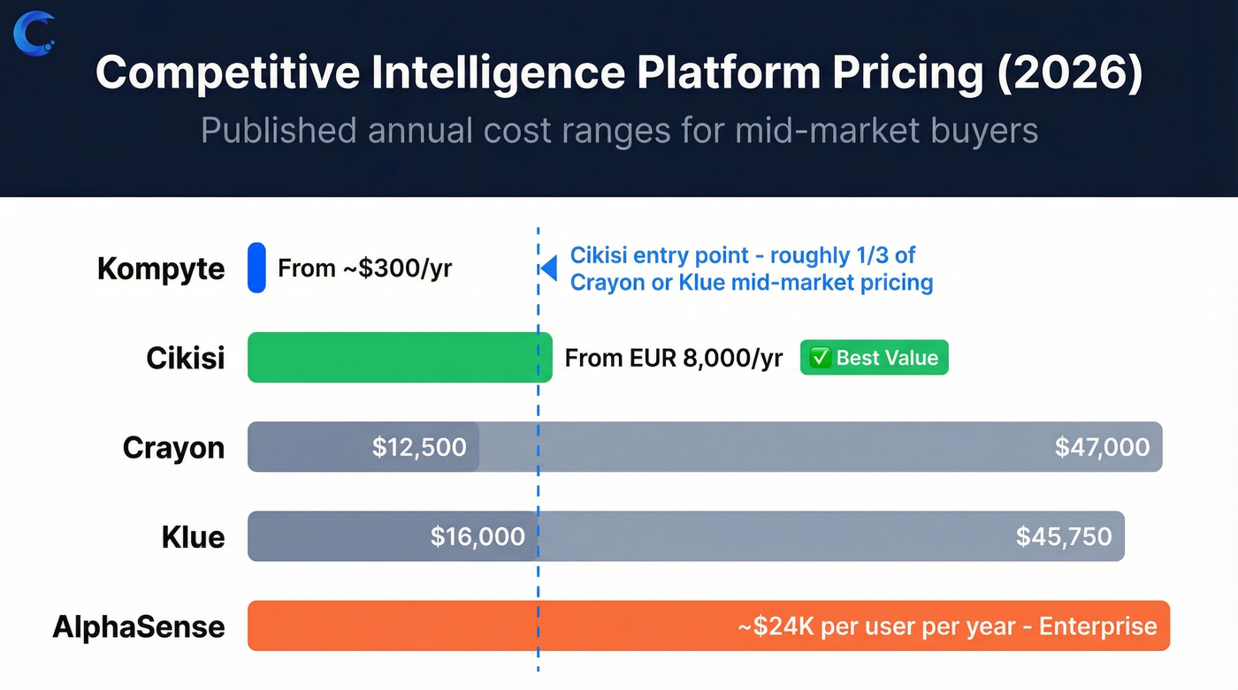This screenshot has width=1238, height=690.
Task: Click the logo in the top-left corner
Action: point(34,32)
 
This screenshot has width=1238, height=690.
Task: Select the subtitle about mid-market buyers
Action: point(619,130)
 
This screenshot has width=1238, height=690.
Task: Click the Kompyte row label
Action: point(161,269)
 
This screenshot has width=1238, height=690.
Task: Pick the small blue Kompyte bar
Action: point(256,268)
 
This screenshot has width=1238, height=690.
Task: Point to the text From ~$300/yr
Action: point(364,269)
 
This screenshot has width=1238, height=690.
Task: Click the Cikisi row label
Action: point(185,358)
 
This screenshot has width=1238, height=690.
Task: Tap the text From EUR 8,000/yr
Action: point(673,358)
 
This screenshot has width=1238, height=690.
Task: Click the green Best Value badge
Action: point(874,358)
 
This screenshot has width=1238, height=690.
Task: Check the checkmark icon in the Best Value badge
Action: point(820,358)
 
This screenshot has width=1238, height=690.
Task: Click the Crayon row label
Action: point(173,447)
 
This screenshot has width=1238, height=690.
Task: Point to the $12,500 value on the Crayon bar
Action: point(418,447)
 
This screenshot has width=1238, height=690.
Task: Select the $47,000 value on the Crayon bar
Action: point(1102,447)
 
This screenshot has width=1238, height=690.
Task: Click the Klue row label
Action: point(193,537)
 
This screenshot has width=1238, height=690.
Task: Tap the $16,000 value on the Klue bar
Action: point(478,537)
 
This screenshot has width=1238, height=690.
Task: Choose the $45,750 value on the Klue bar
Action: point(1063,537)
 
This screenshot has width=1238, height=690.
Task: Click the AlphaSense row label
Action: point(139,626)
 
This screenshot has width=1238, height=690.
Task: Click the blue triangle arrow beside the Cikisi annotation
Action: point(549,269)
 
